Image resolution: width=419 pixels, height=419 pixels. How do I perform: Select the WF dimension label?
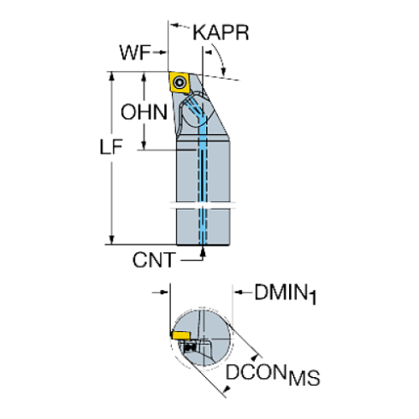point(134,52)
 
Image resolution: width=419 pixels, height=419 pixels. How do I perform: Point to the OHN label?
point(142,112)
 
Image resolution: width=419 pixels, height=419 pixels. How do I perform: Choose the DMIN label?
point(285,293)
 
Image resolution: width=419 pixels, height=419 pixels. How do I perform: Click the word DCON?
point(256,375)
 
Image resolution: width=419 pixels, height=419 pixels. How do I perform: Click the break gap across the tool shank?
point(204,204)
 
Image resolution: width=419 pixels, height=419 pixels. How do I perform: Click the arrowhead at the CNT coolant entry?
point(204,254)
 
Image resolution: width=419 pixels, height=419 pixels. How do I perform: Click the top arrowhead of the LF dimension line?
point(110,77)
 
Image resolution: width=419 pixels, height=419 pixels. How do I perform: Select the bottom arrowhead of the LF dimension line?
point(110,241)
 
